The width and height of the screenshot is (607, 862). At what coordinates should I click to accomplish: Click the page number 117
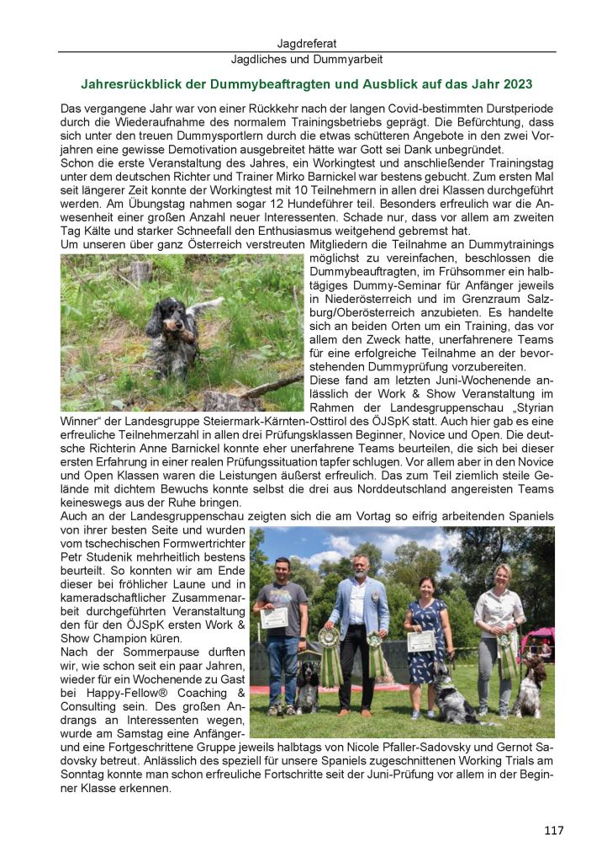click(x=553, y=830)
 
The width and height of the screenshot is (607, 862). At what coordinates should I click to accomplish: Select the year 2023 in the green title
click(x=515, y=84)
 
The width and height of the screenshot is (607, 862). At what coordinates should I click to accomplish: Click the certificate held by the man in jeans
click(x=274, y=617)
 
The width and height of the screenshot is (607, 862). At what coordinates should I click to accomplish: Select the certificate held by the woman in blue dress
click(x=421, y=641)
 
